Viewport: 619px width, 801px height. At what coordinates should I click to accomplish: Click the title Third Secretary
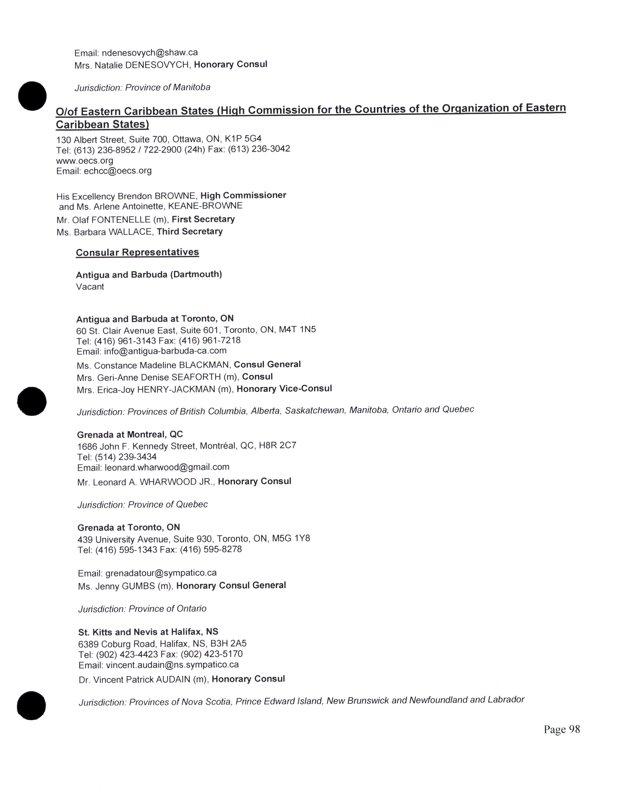(x=190, y=231)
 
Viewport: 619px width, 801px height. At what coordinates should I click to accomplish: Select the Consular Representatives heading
(x=137, y=252)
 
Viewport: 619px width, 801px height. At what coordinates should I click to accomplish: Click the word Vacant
(x=90, y=287)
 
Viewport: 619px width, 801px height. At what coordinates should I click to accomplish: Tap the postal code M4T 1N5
(x=297, y=329)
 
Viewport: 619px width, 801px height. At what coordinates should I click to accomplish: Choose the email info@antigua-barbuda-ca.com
(x=165, y=351)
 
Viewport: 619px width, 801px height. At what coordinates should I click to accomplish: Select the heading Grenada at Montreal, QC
(x=130, y=435)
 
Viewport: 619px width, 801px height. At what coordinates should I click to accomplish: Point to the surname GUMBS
(x=138, y=586)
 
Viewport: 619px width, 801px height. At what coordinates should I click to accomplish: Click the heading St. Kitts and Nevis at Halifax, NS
(x=148, y=632)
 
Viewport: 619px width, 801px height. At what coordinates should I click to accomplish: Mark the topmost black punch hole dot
(x=32, y=96)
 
